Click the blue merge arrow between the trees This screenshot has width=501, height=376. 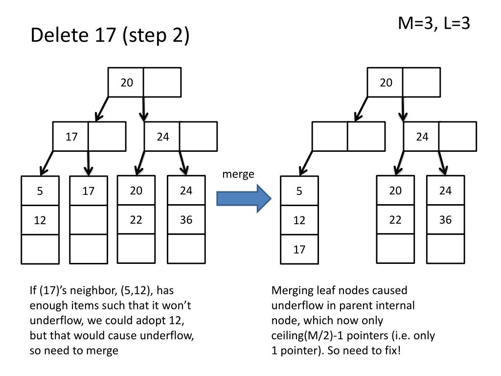click(243, 198)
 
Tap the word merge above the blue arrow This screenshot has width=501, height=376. click(238, 174)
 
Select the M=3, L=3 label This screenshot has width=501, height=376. click(434, 23)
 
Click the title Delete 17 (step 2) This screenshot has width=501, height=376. click(110, 36)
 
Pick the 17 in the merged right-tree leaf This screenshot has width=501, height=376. click(299, 250)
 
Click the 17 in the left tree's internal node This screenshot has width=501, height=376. click(72, 137)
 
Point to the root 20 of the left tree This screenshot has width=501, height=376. click(127, 83)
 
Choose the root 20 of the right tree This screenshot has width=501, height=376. click(386, 83)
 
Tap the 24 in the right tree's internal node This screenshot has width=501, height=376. click(422, 137)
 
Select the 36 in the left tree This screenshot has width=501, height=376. click(186, 220)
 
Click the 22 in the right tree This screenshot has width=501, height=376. click(395, 220)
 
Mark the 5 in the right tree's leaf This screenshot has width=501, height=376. click(299, 191)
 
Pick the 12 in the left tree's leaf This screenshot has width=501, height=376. click(40, 221)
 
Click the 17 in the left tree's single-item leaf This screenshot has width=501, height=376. click(88, 191)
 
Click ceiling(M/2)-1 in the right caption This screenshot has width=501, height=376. click(317, 336)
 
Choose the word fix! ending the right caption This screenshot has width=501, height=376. click(389, 352)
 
